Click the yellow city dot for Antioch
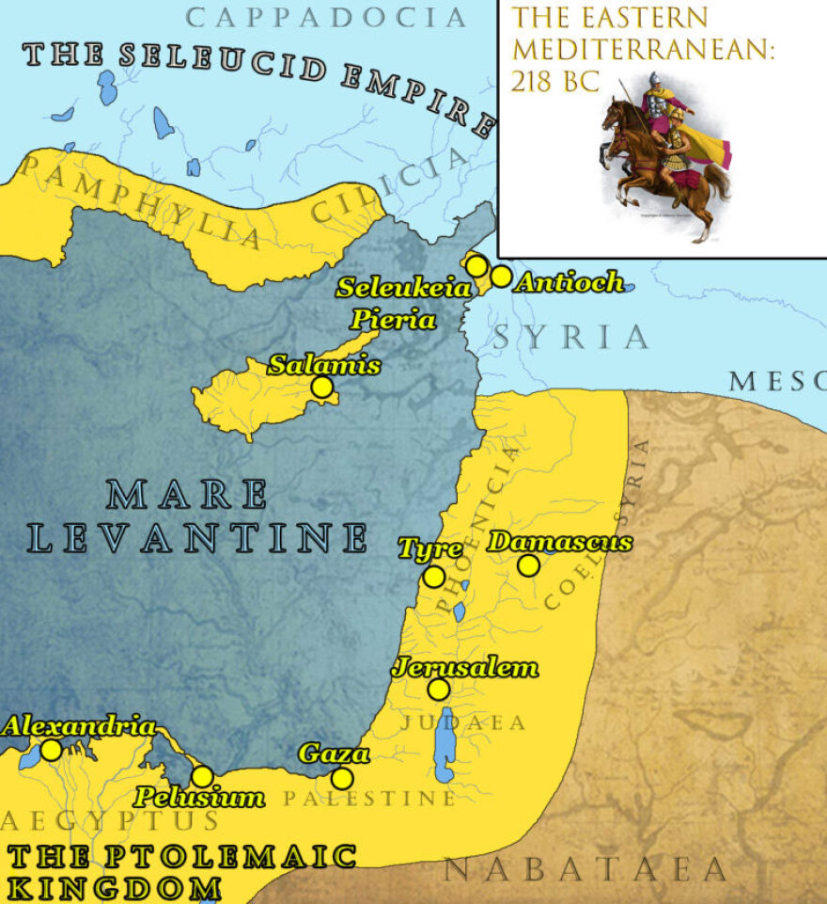pos(501,277)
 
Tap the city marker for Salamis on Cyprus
pos(322,387)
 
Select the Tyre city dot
pos(433,577)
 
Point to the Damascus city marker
pos(528,565)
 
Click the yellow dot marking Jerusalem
pos(438,690)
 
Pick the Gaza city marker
pos(342,779)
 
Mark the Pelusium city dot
pos(202,776)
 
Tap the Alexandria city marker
pos(51,750)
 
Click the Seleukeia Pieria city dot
pos(477,266)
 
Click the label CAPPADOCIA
pos(326,17)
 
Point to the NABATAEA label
pos(585,870)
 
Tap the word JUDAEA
pos(463,723)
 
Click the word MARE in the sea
pos(187,495)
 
